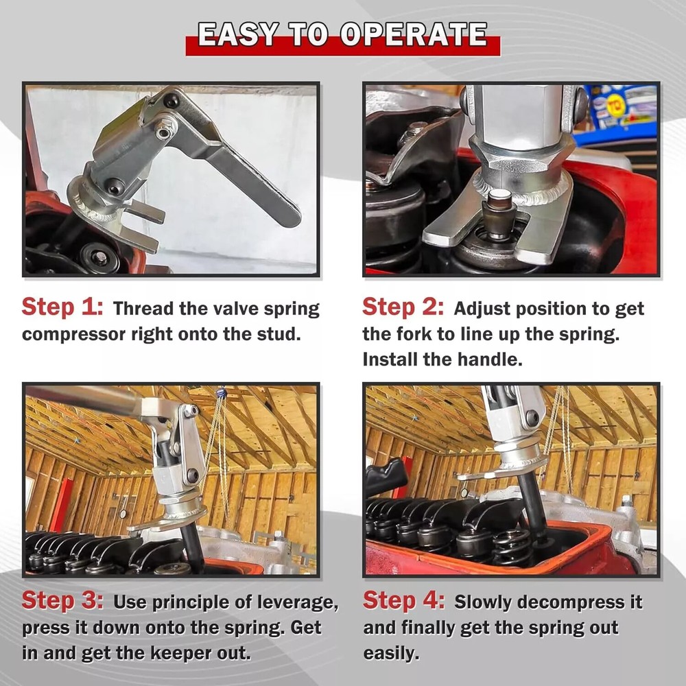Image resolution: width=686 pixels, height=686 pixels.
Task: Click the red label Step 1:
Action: [62, 307]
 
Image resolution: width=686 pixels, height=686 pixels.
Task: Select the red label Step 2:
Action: [403, 307]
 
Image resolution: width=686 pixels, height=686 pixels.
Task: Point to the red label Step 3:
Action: [62, 602]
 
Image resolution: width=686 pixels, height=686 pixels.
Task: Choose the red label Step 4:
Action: [403, 602]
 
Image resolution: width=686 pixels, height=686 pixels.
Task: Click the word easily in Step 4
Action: [390, 652]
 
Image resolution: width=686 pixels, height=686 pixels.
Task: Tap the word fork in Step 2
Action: [415, 334]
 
